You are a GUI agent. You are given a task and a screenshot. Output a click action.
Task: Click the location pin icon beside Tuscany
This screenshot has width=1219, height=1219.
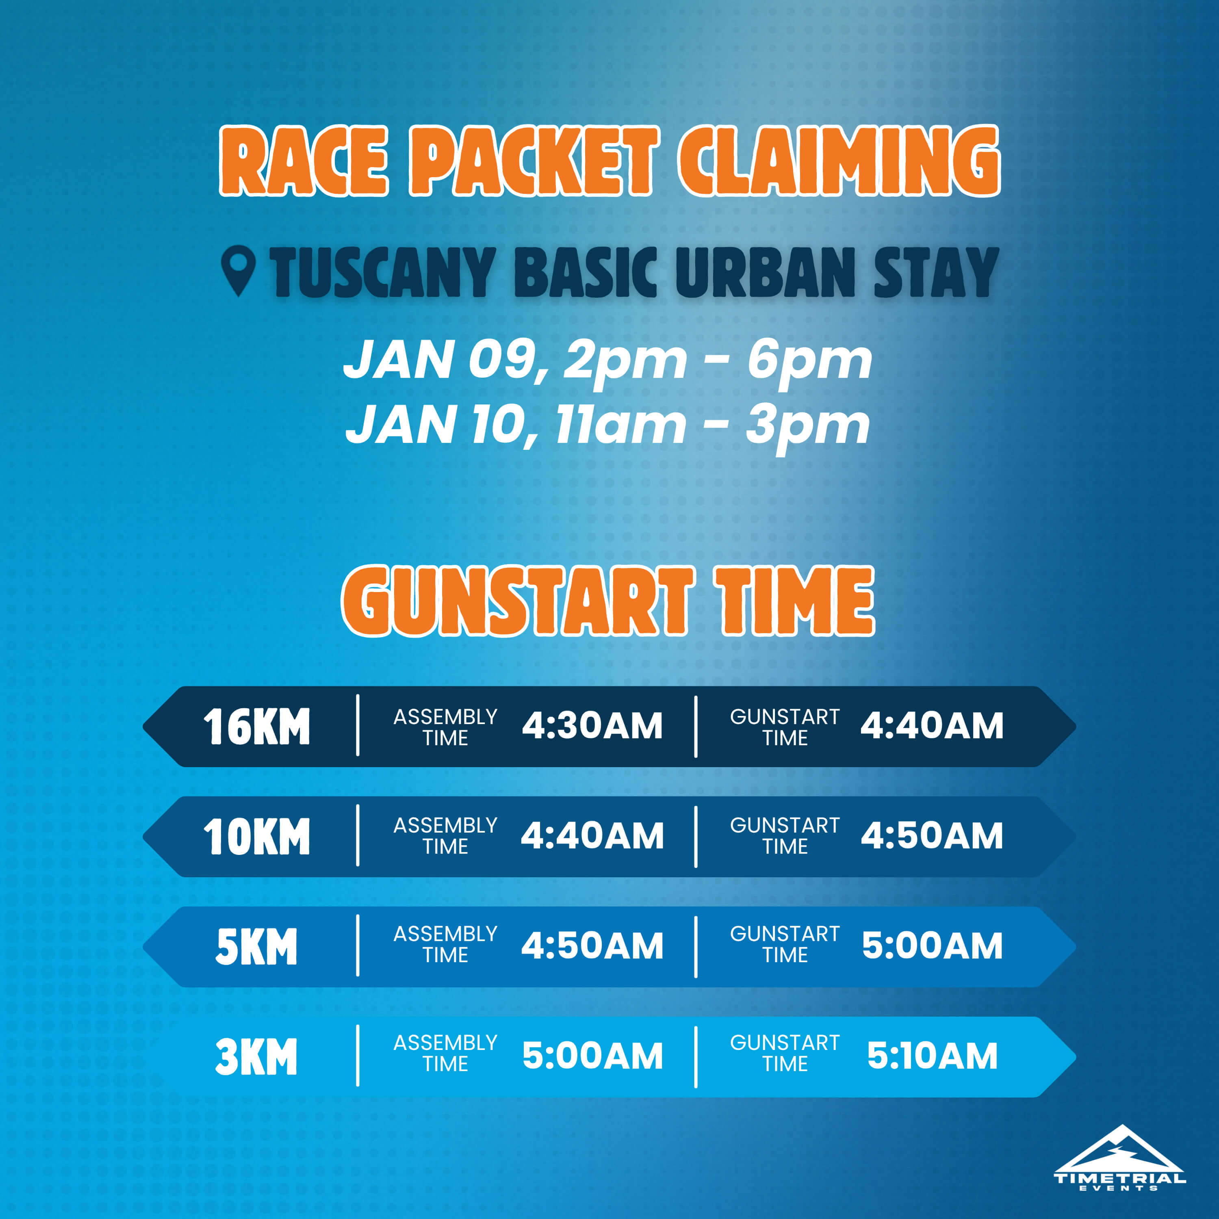click(x=239, y=270)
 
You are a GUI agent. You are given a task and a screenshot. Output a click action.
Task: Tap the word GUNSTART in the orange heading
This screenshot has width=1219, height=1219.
click(x=517, y=601)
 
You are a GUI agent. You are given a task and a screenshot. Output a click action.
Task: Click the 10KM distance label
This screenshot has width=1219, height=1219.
click(x=256, y=837)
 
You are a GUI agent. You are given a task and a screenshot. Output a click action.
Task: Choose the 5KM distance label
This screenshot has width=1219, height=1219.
click(x=256, y=947)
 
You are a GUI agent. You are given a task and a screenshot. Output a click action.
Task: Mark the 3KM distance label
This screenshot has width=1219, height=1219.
click(x=256, y=1057)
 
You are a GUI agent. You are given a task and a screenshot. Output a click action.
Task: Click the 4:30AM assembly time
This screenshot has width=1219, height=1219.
click(x=592, y=726)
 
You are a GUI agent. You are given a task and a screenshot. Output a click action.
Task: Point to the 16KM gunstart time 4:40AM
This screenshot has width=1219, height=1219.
click(x=932, y=726)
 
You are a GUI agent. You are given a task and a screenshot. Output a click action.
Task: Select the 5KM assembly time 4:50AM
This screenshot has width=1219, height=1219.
click(x=592, y=946)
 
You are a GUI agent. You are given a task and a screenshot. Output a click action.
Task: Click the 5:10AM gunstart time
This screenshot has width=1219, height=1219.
click(x=932, y=1056)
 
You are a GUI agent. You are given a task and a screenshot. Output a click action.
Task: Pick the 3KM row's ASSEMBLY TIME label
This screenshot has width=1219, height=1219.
click(x=445, y=1054)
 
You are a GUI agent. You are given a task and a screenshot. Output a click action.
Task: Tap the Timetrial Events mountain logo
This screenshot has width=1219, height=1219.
click(x=1120, y=1158)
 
